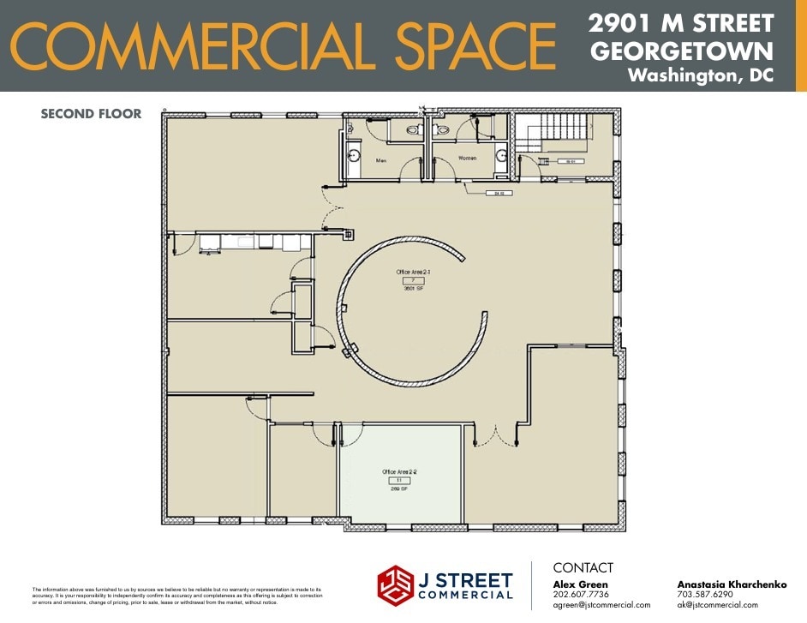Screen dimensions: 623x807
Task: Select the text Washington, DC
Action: (700, 75)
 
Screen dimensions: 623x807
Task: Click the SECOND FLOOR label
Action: (91, 113)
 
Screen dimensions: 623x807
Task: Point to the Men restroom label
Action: (381, 159)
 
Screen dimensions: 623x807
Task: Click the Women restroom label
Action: (468, 159)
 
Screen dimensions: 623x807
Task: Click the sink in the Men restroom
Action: (353, 156)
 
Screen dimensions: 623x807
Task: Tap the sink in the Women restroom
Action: (500, 155)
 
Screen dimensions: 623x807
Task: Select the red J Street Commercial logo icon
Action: (395, 584)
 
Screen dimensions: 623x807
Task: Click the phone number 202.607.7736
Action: (581, 594)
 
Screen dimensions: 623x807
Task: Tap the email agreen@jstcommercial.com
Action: (601, 605)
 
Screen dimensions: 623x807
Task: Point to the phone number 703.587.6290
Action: (705, 594)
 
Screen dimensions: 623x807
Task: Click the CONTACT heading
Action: (583, 567)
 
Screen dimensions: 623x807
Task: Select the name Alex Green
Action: (580, 584)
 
